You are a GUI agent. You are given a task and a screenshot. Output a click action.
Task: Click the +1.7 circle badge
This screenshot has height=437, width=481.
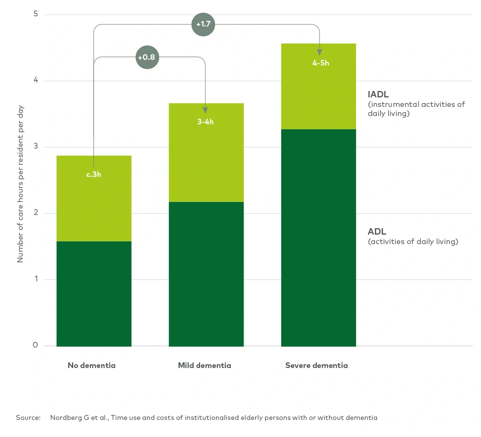point(203,24)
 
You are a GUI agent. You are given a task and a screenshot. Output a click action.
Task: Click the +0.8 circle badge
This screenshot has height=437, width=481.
point(147,57)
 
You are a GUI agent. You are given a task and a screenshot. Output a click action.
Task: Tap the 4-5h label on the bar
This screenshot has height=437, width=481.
point(321,63)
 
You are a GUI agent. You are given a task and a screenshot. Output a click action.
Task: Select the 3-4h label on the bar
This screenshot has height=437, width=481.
point(205,122)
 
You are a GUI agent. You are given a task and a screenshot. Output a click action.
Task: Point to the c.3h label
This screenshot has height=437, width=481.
point(94,174)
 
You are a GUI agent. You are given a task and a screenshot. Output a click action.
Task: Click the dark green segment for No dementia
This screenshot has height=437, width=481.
point(94,294)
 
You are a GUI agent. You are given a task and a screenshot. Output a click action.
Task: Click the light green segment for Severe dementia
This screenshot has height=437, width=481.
point(318,95)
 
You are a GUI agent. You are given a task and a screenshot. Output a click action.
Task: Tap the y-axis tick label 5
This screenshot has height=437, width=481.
point(36,14)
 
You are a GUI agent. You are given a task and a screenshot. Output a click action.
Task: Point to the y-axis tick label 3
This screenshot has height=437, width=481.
point(36,146)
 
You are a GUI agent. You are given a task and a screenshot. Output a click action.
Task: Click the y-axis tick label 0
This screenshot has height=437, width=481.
point(35,345)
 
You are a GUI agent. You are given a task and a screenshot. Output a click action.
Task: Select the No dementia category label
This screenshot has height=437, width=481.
point(92,365)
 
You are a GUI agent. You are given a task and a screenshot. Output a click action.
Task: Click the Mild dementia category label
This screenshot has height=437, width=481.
point(205,365)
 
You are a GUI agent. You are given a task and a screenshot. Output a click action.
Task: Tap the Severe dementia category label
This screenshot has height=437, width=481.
point(316,365)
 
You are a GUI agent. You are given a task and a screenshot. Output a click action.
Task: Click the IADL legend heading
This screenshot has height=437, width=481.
point(378,94)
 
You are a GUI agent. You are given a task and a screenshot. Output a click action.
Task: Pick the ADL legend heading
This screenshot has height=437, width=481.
point(377,232)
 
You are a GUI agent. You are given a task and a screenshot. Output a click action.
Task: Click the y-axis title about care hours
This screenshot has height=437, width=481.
point(20,184)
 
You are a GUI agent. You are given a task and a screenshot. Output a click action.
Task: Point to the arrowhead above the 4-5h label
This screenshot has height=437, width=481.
point(320,52)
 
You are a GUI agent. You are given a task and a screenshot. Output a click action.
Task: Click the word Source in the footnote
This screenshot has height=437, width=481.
point(28,418)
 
